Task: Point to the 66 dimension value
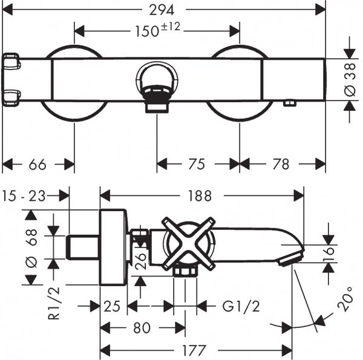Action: coord(38,164)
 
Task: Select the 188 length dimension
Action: coord(200,195)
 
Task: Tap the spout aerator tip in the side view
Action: coord(289,260)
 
